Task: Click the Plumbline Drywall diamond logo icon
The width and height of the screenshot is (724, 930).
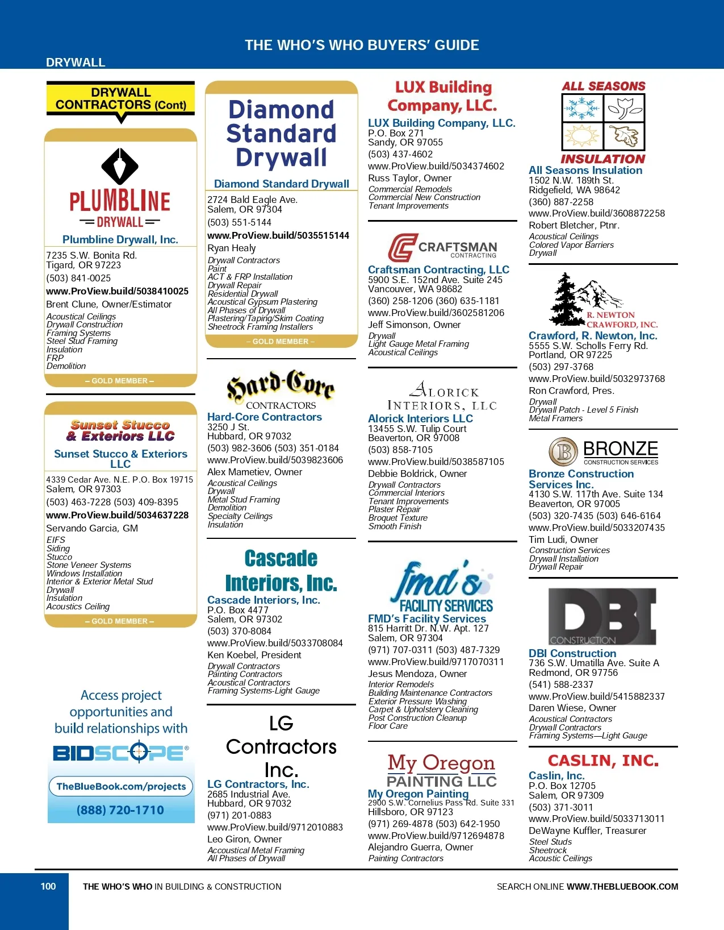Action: [120, 166]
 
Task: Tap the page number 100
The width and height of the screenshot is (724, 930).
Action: [48, 886]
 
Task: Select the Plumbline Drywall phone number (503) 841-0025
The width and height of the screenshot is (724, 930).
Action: [78, 278]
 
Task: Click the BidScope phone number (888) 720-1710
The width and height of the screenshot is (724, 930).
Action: [120, 810]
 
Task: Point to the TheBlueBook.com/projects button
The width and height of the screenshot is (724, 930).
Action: [121, 786]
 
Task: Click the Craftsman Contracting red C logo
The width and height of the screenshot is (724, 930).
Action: [402, 248]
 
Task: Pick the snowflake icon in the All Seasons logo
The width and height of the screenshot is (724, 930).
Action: [582, 107]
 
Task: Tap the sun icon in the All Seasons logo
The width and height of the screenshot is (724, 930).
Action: [582, 136]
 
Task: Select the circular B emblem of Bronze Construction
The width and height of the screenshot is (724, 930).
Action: [563, 452]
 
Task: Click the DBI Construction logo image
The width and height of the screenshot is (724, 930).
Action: [602, 616]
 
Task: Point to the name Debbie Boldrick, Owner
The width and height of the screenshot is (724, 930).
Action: [417, 474]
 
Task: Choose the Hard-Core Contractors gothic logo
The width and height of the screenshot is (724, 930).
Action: [281, 388]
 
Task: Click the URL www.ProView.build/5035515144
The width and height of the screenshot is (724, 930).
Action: [278, 235]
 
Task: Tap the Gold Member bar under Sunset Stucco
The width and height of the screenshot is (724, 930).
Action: [120, 621]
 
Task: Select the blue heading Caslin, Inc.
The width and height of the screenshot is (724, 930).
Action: [556, 775]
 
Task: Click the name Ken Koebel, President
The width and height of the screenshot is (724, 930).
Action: [254, 655]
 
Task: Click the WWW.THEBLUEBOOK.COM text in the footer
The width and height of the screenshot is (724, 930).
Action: [622, 887]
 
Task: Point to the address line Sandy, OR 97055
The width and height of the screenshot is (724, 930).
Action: [405, 143]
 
